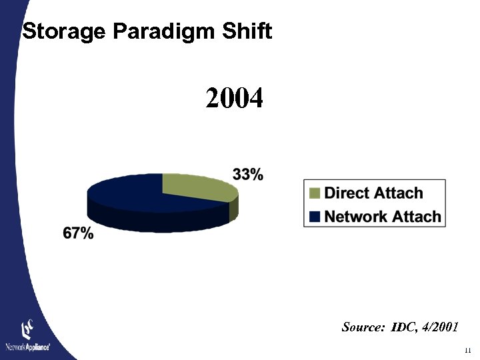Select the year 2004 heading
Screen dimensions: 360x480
click(235, 99)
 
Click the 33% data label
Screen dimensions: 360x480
click(247, 175)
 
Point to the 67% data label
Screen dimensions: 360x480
click(78, 233)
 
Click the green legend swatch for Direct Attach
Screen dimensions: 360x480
click(315, 193)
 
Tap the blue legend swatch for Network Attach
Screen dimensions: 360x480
click(315, 216)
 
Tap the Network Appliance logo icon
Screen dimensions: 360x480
click(27, 329)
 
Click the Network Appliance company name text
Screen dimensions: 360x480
click(27, 347)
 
